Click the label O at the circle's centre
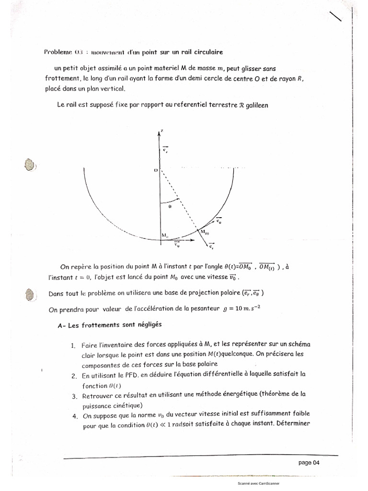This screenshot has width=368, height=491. click(x=156, y=170)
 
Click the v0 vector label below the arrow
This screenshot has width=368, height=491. click(x=177, y=245)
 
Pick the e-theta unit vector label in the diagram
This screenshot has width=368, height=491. click(x=218, y=221)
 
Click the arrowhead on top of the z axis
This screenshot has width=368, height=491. click(x=160, y=133)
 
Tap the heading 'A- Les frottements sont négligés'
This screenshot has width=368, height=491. click(x=109, y=325)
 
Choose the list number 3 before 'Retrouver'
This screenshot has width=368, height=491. click(x=75, y=396)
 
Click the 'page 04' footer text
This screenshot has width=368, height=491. click(x=309, y=463)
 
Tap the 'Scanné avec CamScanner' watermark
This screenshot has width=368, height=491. click(x=258, y=484)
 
